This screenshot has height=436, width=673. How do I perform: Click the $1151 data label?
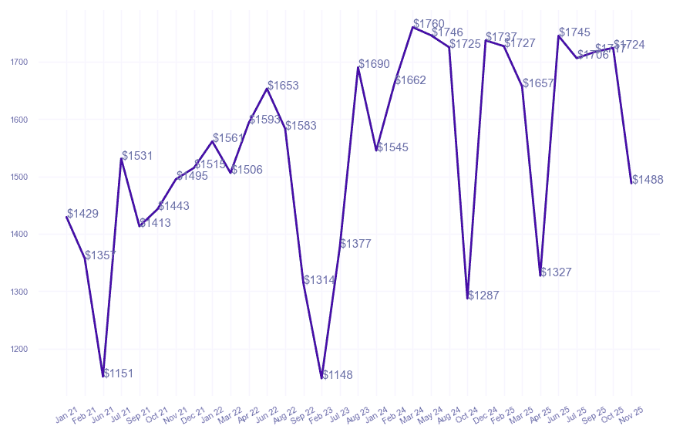coord(118,373)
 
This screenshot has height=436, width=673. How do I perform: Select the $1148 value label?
coord(337,375)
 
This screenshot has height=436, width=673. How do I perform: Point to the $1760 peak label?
coord(429,24)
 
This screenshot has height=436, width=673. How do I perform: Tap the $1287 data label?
coord(483,296)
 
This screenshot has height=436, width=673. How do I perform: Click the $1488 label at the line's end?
coord(648,180)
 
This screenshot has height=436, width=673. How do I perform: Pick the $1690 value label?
coord(374,64)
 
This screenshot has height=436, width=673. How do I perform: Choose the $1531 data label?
coord(137,156)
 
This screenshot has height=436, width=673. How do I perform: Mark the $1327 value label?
coord(556,272)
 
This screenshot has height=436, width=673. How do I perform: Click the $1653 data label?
coord(283,86)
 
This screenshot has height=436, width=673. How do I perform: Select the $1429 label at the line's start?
coord(82,214)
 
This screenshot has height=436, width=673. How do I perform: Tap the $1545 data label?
coord(392,147)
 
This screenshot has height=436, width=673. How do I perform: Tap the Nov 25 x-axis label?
coord(632,414)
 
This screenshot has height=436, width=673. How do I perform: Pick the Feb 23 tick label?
coord(322,414)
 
